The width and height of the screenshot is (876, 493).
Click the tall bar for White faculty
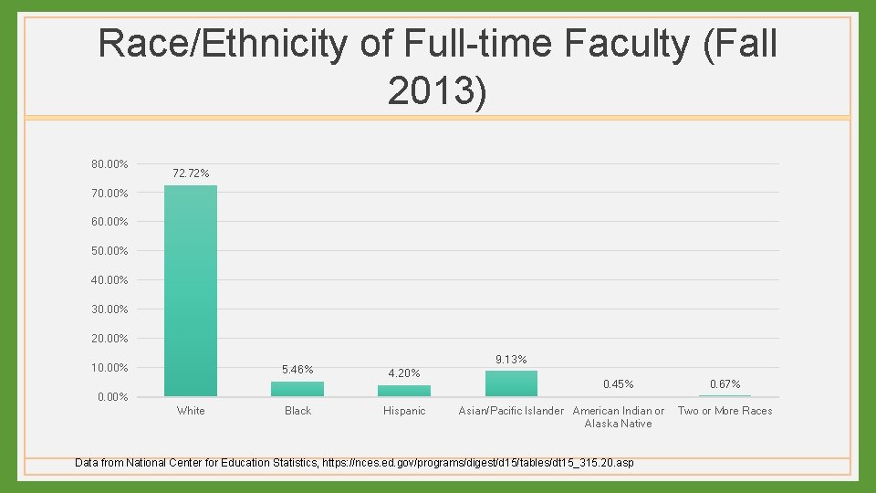[191, 290]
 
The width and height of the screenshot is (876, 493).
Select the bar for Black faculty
[297, 389]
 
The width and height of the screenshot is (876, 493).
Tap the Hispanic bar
[404, 391]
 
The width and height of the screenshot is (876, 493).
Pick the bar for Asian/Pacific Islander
[511, 383]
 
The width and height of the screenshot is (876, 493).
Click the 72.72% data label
[191, 173]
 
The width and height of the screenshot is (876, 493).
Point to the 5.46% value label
[297, 370]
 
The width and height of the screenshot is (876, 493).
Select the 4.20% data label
[404, 373]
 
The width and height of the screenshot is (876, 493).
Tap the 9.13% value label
[511, 360]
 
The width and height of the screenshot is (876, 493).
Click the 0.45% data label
[618, 384]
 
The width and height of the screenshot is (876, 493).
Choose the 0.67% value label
[725, 384]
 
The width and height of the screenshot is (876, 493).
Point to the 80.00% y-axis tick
[109, 164]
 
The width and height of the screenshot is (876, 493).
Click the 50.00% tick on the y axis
[109, 251]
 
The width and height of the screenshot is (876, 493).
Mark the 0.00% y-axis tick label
[112, 397]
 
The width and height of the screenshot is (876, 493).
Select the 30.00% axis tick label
[109, 309]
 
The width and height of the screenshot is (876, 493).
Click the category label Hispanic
[404, 411]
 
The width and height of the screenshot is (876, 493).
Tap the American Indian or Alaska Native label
[618, 417]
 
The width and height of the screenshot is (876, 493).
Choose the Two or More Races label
[725, 411]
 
